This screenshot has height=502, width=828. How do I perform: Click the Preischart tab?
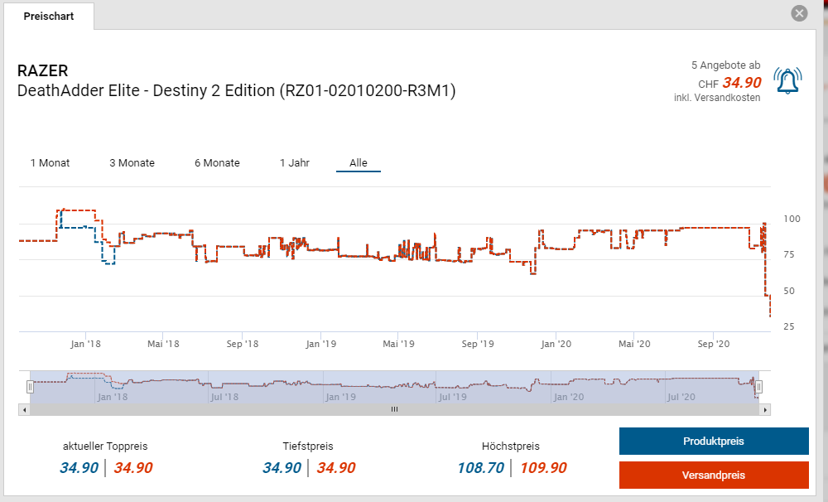[x=49, y=17]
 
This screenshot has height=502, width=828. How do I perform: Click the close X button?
[x=799, y=13]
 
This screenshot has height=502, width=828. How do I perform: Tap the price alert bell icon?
[x=787, y=80]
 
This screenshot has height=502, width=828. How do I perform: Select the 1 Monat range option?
[x=50, y=163]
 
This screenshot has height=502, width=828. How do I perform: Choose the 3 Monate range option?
[x=132, y=163]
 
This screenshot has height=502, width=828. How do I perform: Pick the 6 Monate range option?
[x=217, y=163]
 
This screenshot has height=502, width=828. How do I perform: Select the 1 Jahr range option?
[x=295, y=163]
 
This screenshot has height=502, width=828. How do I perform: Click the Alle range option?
[x=359, y=163]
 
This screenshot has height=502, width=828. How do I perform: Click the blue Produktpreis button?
[x=713, y=442]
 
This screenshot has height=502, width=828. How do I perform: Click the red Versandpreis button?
[x=713, y=475]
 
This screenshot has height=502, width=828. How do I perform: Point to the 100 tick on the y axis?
[x=792, y=219]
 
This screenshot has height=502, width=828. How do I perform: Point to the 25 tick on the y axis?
[x=788, y=326]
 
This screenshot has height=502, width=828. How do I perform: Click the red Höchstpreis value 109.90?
[x=543, y=468]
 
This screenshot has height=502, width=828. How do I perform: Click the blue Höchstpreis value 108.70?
[x=480, y=468]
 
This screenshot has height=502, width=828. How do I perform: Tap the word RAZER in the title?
[x=42, y=71]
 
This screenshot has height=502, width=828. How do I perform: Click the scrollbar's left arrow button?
[x=24, y=409]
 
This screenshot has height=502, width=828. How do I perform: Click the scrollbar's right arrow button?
[x=765, y=409]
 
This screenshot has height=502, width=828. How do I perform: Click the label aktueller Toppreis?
[x=105, y=446]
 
